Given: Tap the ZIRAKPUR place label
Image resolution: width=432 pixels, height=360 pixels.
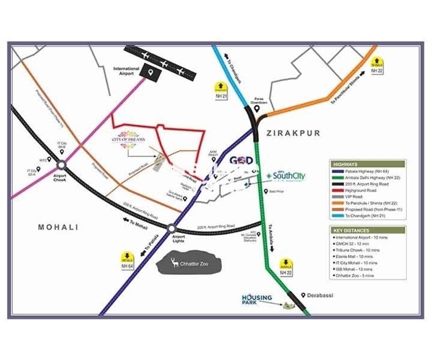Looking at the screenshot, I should tap(293, 133).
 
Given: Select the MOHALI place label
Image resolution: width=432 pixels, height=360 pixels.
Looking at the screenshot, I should tap(57, 227).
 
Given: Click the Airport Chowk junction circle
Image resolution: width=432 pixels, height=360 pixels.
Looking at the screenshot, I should tap(61, 165).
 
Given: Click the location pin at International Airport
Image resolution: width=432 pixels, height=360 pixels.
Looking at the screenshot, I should tap(151, 73).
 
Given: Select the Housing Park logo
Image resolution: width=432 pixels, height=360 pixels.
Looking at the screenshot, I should tap(257, 299).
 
